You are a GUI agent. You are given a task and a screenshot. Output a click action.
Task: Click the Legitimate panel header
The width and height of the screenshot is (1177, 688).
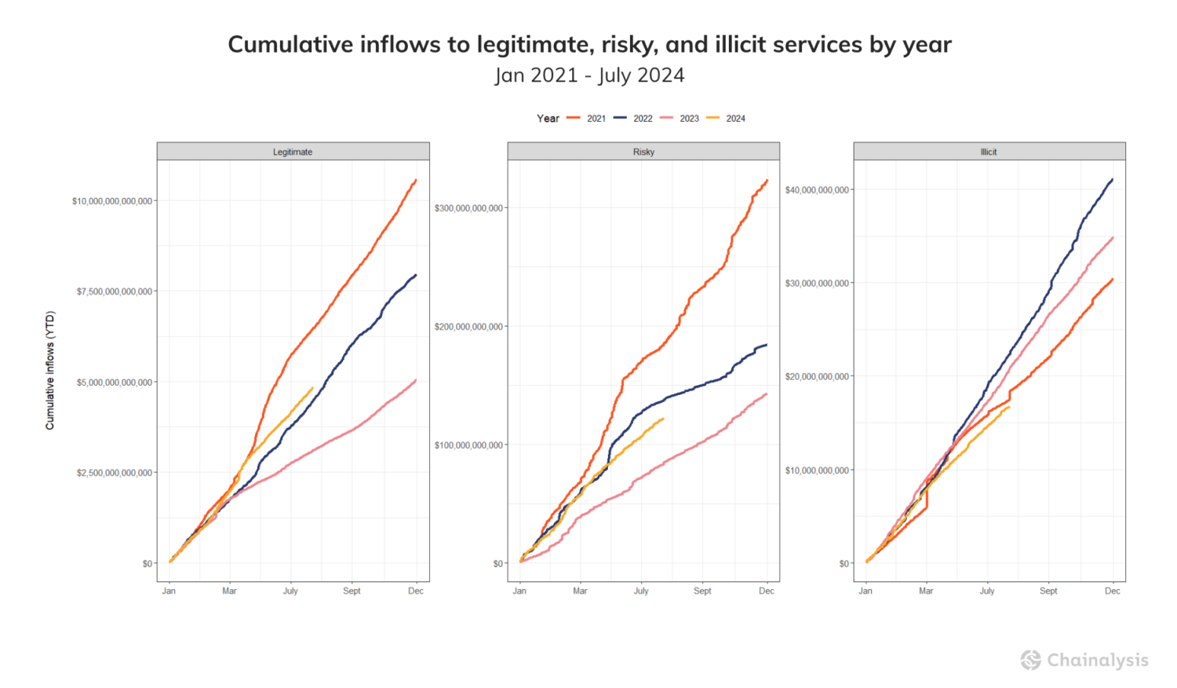(x=293, y=152)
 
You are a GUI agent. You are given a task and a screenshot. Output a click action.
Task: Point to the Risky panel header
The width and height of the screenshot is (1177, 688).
(x=643, y=152)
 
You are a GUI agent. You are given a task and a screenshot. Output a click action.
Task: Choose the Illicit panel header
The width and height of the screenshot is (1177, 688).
(x=989, y=152)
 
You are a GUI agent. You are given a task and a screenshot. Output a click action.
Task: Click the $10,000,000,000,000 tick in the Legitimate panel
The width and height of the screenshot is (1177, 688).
(x=112, y=201)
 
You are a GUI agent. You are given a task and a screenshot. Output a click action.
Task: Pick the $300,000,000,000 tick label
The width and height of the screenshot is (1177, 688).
(x=468, y=208)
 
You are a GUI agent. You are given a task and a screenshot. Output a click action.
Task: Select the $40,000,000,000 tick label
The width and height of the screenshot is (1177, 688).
(x=817, y=190)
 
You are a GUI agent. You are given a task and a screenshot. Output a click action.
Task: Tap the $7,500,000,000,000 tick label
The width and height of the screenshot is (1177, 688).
(x=115, y=291)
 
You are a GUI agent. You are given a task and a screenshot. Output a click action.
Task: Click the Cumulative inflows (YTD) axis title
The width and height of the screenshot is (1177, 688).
(x=50, y=370)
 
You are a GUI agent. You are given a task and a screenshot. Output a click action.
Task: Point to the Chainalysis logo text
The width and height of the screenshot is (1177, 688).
(x=1097, y=661)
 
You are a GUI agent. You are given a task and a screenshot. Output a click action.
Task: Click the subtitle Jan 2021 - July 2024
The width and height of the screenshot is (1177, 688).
(x=589, y=75)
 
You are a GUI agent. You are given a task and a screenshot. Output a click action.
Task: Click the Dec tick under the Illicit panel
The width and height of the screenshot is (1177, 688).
(x=1113, y=591)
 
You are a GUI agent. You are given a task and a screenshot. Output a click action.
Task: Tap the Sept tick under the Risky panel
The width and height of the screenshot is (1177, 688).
(x=702, y=591)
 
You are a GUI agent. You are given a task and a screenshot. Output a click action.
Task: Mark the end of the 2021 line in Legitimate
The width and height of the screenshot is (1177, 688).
(x=416, y=181)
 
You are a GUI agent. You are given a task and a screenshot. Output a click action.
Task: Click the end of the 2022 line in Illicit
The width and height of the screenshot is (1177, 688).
(x=1113, y=180)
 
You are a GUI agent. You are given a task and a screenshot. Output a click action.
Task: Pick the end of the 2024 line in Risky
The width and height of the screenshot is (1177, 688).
(x=663, y=419)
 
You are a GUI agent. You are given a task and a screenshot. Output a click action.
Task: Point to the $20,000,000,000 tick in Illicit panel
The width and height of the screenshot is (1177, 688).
(x=817, y=377)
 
